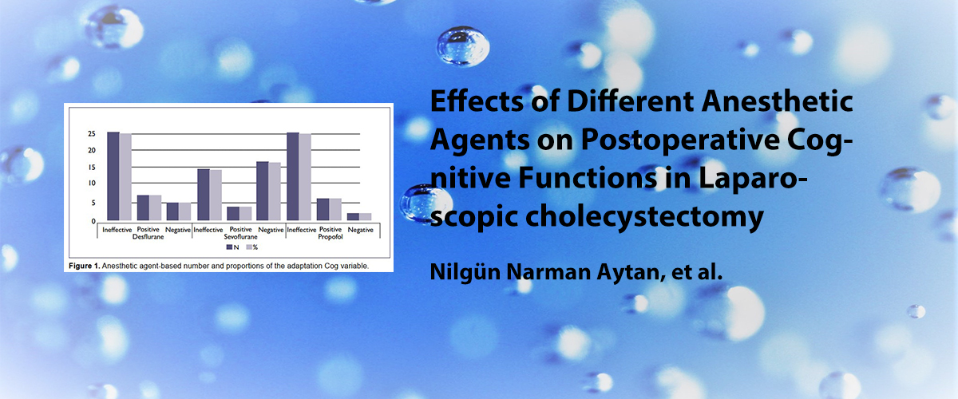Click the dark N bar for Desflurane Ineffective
(x=113, y=176)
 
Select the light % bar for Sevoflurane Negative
(x=275, y=192)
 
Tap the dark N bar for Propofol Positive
(x=323, y=210)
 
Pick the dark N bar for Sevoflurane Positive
(x=233, y=214)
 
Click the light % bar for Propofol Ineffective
(x=305, y=177)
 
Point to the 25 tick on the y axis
(x=92, y=134)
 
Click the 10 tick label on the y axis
(x=92, y=183)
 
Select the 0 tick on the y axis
(x=93, y=221)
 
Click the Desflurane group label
(x=148, y=237)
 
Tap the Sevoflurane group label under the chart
(x=241, y=237)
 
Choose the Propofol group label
(x=331, y=237)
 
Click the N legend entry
(x=232, y=247)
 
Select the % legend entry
(x=252, y=247)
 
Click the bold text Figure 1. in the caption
(x=85, y=266)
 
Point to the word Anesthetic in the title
(x=777, y=102)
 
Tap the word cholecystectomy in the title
(x=644, y=218)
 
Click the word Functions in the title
(x=588, y=179)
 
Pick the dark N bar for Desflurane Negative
(x=172, y=211)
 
